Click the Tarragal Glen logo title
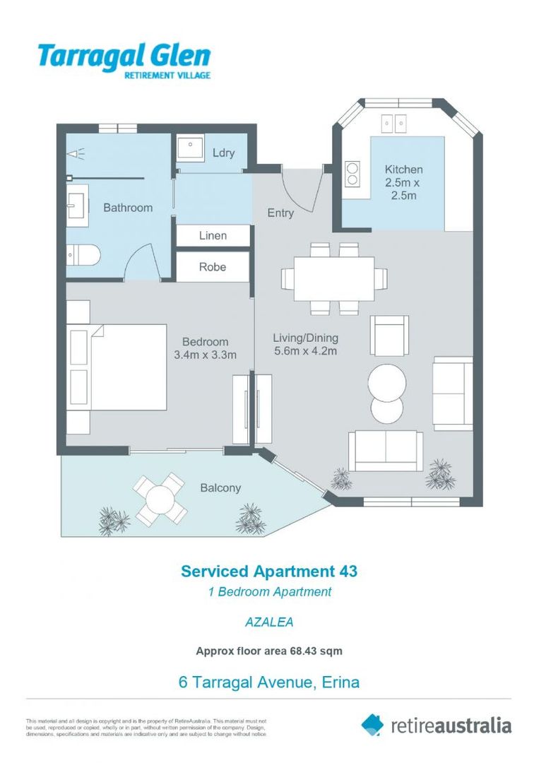124,55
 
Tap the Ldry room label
223,153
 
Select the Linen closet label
213,235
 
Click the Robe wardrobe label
213,267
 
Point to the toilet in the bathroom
83,254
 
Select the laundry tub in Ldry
190,148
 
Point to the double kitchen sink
393,124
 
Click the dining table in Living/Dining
334,278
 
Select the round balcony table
162,500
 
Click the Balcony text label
220,487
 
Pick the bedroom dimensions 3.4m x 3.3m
205,355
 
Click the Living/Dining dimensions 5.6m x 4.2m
305,350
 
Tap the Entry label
280,213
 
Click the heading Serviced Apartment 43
269,571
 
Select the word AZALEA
269,622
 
